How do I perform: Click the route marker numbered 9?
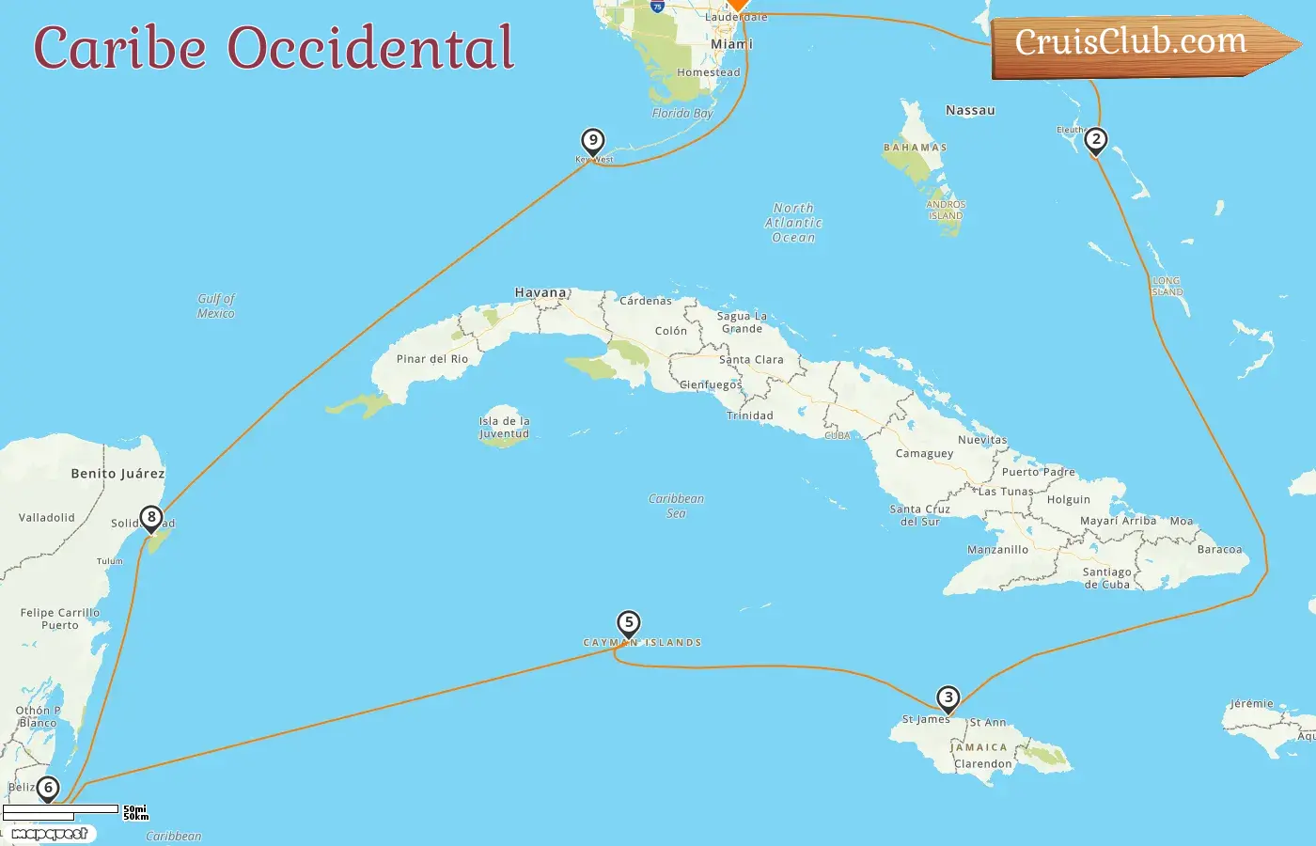pyautogui.click(x=592, y=141)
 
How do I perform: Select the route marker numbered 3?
pyautogui.click(x=948, y=697)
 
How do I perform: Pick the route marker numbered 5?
pyautogui.click(x=629, y=622)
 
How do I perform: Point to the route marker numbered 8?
pyautogui.click(x=151, y=517)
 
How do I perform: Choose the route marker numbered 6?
pyautogui.click(x=47, y=788)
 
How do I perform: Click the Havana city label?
pyautogui.click(x=540, y=292)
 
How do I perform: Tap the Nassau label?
pyautogui.click(x=970, y=110)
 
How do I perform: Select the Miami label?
pyautogui.click(x=731, y=44)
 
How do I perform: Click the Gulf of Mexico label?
pyautogui.click(x=216, y=305)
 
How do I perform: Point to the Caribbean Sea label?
pyautogui.click(x=676, y=506)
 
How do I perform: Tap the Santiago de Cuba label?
pyautogui.click(x=1106, y=577)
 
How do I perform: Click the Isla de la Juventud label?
pyautogui.click(x=505, y=427)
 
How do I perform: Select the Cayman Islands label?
pyautogui.click(x=642, y=643)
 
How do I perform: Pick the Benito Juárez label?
pyautogui.click(x=117, y=474)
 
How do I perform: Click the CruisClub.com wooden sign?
pyautogui.click(x=1133, y=44)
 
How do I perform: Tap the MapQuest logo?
pyautogui.click(x=50, y=833)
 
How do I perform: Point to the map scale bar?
pyautogui.click(x=61, y=810)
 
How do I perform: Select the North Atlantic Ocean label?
pyautogui.click(x=793, y=223)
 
